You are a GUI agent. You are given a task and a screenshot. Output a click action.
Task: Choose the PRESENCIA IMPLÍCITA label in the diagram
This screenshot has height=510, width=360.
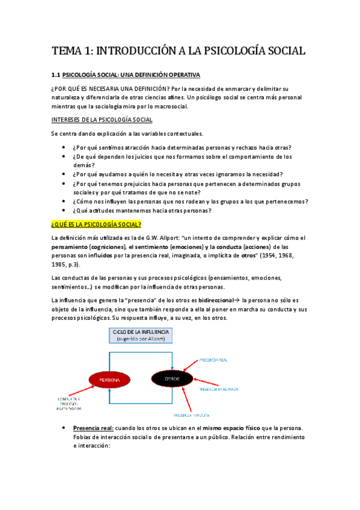[x=191, y=415]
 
